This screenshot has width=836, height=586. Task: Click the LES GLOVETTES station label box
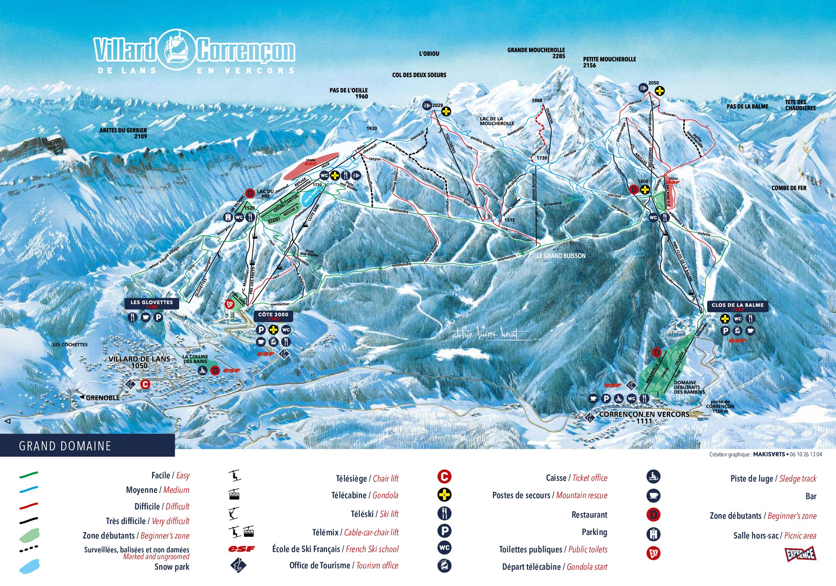coord(151,303)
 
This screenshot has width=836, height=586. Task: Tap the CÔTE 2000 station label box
coord(273,316)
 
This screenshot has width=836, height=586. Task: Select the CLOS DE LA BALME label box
coord(737,306)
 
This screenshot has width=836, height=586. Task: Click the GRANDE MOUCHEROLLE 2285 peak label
coord(536,53)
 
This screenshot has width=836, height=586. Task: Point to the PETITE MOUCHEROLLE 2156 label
coord(609,62)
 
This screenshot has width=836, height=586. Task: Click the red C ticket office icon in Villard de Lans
coord(145,384)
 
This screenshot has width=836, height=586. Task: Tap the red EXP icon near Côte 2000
coord(230,304)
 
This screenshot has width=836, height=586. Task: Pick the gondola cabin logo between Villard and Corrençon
coord(177,49)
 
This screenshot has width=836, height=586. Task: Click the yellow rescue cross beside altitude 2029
coord(446,111)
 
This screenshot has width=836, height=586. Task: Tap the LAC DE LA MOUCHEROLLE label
coord(497,121)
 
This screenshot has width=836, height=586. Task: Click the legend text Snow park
coord(172,567)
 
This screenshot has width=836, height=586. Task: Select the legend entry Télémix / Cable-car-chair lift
coord(355,533)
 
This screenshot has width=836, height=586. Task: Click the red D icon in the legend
coord(653,514)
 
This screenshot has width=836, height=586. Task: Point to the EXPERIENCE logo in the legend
coord(800,554)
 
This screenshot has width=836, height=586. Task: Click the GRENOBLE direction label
coord(102,398)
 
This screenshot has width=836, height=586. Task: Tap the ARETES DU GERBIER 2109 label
coord(123,133)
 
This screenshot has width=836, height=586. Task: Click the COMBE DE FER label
coord(788,188)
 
